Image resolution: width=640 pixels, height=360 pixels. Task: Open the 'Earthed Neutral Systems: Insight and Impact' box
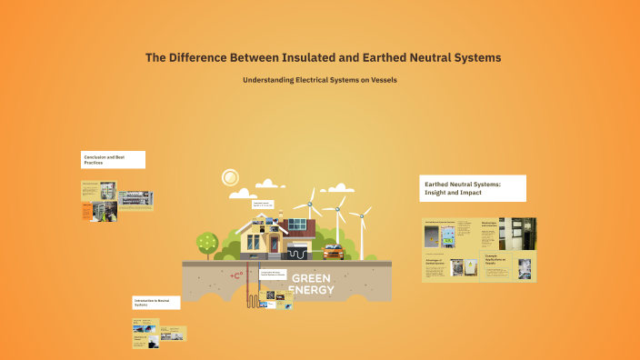[472, 188]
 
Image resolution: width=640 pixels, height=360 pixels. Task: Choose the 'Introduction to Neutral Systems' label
[155, 302]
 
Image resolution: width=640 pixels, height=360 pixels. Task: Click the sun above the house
[231, 177]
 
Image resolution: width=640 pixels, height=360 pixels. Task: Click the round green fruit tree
[207, 242]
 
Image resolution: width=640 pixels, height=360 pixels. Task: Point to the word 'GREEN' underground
[311, 277]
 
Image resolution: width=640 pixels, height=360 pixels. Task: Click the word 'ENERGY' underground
[311, 290]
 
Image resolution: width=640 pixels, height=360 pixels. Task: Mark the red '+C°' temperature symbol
[237, 274]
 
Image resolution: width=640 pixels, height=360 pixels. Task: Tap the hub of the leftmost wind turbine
[310, 202]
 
